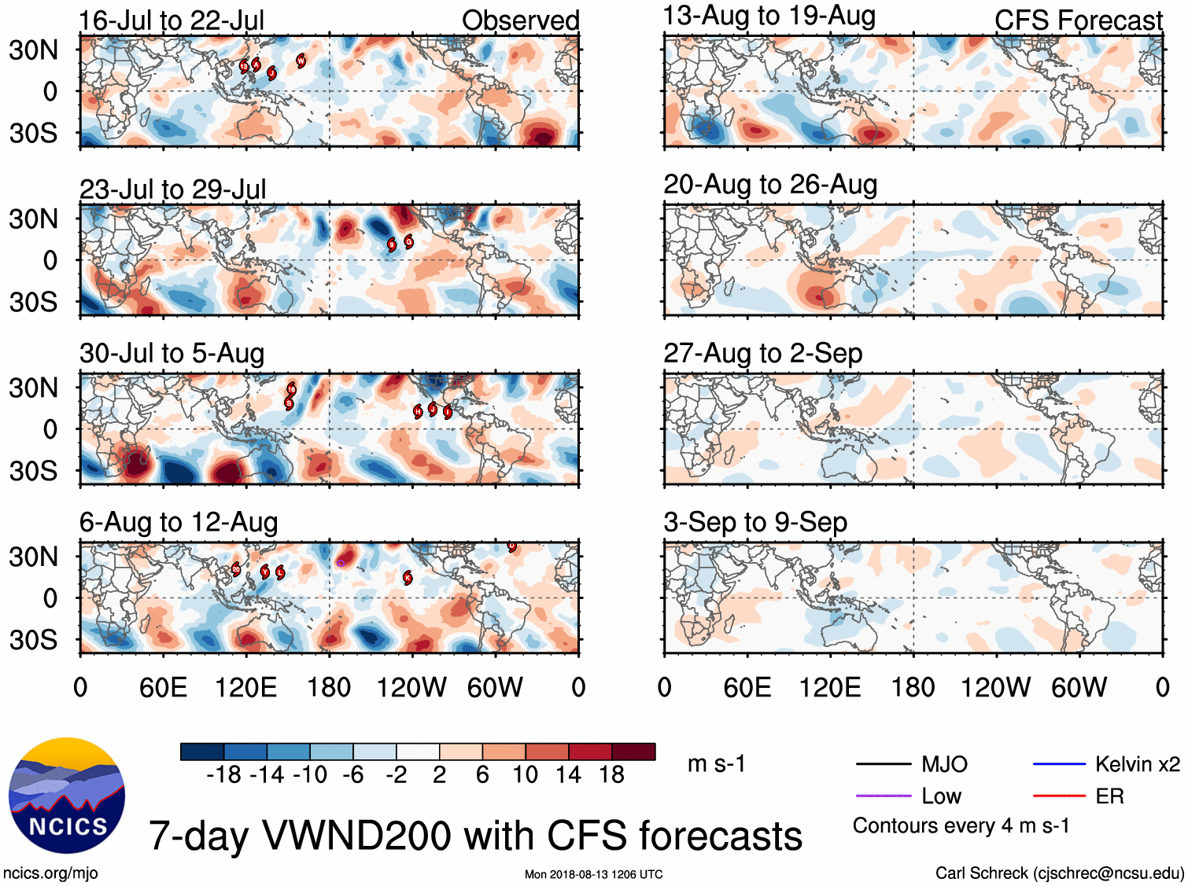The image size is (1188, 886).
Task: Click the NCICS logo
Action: tap(66, 796)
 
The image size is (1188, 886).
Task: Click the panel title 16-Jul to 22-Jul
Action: tap(172, 20)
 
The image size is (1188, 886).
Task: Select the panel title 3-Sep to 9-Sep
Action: tap(755, 523)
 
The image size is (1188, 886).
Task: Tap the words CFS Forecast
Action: tap(1078, 20)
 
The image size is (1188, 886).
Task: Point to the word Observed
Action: tap(520, 20)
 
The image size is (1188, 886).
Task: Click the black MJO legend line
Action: tap(883, 764)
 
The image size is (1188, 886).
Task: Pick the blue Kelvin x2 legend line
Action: tap(1059, 764)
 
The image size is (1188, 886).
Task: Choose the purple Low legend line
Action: tap(883, 796)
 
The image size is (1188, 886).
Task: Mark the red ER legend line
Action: tap(1059, 796)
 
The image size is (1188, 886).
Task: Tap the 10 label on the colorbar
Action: tap(525, 775)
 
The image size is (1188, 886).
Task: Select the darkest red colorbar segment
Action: tap(633, 752)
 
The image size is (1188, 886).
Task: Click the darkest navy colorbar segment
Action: tap(202, 752)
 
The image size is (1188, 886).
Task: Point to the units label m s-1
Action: tap(716, 764)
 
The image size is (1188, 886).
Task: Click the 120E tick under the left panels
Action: tap(246, 688)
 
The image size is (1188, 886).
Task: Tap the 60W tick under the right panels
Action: tap(1079, 688)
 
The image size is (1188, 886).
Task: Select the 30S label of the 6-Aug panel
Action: tap(33, 640)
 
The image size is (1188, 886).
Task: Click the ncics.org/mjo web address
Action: tap(50, 873)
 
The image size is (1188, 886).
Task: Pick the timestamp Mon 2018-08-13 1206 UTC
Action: tap(593, 874)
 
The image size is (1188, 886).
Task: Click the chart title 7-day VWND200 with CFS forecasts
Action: tap(475, 836)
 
